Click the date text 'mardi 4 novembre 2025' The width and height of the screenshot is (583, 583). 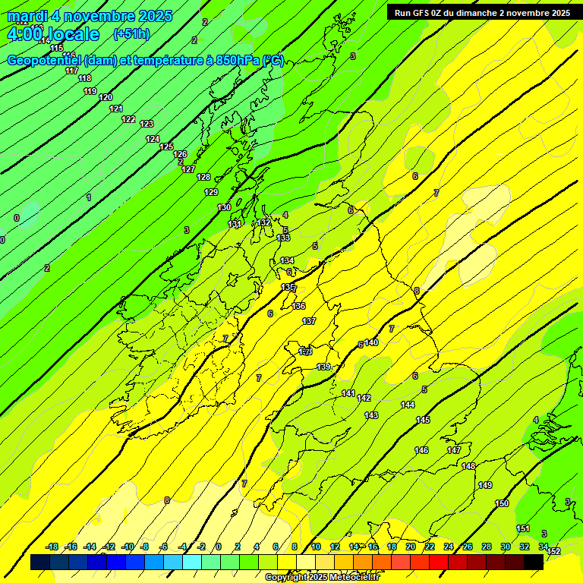(90, 16)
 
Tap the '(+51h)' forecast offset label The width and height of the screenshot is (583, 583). (131, 33)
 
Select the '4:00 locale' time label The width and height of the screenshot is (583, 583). (53, 34)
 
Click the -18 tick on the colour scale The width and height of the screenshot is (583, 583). (52, 547)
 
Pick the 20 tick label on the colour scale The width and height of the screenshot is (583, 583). (411, 547)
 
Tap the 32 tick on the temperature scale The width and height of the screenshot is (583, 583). (524, 547)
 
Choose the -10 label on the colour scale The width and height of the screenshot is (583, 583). (127, 547)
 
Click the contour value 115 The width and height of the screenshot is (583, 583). (57, 48)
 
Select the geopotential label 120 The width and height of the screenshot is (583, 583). (106, 97)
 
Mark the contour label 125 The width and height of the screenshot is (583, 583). (166, 147)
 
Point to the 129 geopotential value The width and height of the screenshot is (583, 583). (211, 192)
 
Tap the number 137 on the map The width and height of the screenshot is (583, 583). (309, 321)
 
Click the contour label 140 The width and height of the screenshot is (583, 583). (371, 342)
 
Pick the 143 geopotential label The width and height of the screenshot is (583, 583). (371, 415)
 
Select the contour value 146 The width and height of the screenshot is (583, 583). (421, 450)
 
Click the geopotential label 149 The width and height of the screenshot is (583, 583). (485, 485)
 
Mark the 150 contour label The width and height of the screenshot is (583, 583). (502, 503)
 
